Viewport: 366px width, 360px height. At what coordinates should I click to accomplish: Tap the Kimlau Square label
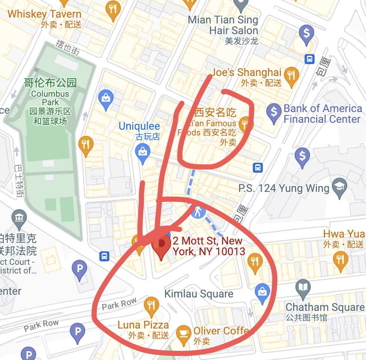point(199,294)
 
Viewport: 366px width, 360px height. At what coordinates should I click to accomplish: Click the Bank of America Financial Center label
point(322,114)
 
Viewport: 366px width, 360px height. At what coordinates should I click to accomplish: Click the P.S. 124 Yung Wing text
point(284,188)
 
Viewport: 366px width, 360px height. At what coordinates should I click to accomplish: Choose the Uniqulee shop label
point(139,126)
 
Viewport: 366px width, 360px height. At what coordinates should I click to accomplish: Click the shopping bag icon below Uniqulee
point(143,152)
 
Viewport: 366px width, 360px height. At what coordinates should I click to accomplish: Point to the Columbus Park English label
point(50,98)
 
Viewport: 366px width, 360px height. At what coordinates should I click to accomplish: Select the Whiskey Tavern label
point(45,14)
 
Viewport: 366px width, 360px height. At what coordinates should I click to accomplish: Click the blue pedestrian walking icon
point(198,211)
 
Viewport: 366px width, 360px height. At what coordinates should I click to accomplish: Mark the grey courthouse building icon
point(19,218)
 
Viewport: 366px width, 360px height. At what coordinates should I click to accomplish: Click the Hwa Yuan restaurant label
point(344,234)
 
